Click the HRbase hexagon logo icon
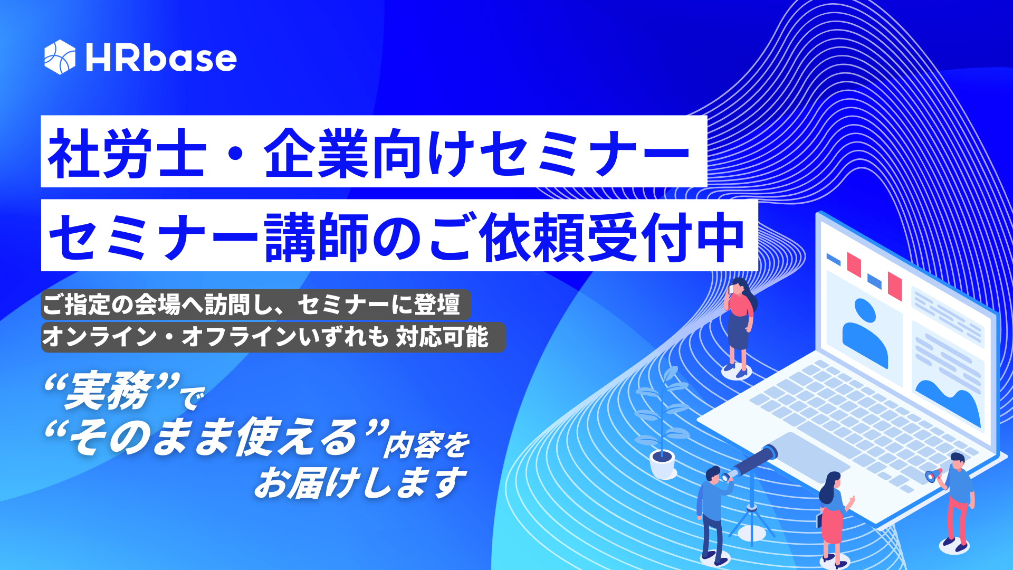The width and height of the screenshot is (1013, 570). click(x=60, y=57)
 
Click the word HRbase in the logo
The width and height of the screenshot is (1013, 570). click(x=161, y=58)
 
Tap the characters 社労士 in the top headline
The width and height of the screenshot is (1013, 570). click(x=127, y=153)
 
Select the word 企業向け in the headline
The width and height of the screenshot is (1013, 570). click(x=369, y=153)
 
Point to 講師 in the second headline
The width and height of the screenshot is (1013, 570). click(x=317, y=237)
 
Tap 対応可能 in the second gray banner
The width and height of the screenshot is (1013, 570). click(x=442, y=337)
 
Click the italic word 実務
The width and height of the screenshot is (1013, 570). click(x=108, y=392)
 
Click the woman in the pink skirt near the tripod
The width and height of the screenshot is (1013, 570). click(x=832, y=515)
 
